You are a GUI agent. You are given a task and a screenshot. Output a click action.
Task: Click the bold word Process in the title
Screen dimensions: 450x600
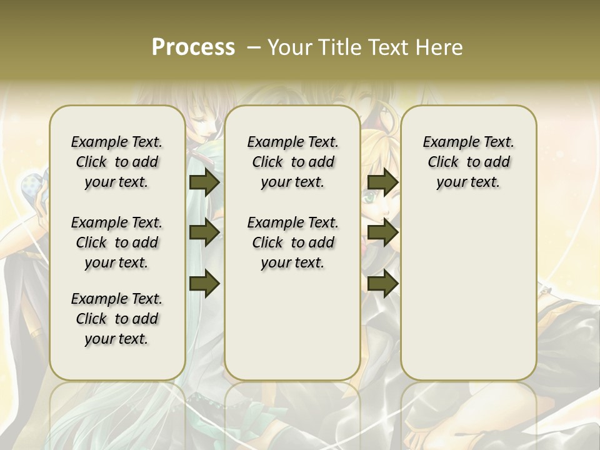click(x=193, y=47)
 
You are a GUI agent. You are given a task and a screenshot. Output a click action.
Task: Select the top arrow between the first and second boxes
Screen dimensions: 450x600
click(x=204, y=182)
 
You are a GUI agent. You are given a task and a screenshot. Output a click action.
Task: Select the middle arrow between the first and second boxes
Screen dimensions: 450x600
click(x=204, y=232)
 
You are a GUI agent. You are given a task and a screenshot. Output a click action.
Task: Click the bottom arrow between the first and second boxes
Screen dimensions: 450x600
click(x=204, y=283)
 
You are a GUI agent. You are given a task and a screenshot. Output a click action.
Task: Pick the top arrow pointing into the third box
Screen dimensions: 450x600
click(x=382, y=182)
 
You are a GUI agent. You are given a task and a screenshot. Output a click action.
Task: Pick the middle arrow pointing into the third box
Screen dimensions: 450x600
click(x=382, y=232)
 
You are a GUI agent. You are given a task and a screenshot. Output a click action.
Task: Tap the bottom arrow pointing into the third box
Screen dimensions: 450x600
click(x=382, y=283)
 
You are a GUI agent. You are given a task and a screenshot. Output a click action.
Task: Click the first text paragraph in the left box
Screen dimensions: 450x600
click(x=117, y=162)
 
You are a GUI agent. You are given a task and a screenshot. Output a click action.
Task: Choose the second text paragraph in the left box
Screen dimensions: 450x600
click(x=117, y=242)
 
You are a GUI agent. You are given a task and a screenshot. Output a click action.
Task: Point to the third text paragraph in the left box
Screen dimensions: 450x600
click(x=117, y=319)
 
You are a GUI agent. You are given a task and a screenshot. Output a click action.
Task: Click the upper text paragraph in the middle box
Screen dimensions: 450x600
click(x=292, y=162)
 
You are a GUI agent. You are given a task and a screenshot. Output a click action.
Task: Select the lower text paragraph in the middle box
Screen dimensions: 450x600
click(x=292, y=242)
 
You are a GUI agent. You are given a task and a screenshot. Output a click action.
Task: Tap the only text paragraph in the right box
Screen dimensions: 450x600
click(x=468, y=162)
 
